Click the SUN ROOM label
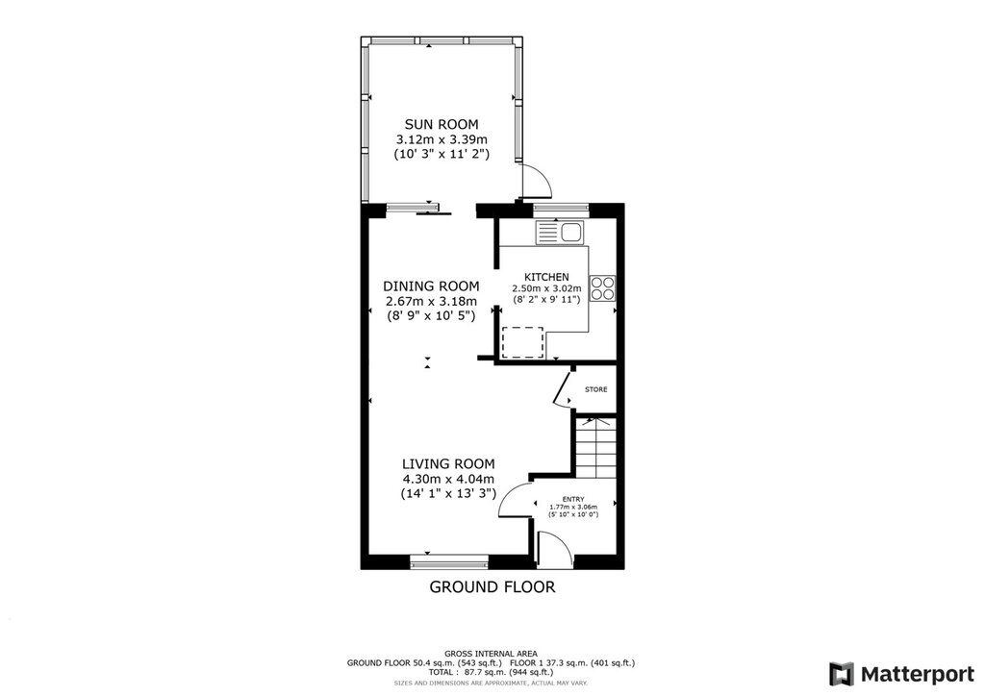[x=441, y=124]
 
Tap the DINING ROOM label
[x=431, y=286]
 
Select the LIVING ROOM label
[x=448, y=463]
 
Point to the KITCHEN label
[x=546, y=277]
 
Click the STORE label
[x=596, y=389]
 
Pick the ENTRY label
[x=573, y=500]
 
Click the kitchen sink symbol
[x=560, y=233]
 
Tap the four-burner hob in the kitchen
[x=602, y=288]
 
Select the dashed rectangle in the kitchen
[x=522, y=342]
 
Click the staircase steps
[x=594, y=448]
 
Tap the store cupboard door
[x=562, y=390]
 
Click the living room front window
[x=448, y=561]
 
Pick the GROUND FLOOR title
[x=492, y=586]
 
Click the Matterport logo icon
[x=841, y=674]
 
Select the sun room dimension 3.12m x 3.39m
[x=441, y=138]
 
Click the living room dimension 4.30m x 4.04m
[x=448, y=479]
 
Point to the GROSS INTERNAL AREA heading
[x=492, y=654]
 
